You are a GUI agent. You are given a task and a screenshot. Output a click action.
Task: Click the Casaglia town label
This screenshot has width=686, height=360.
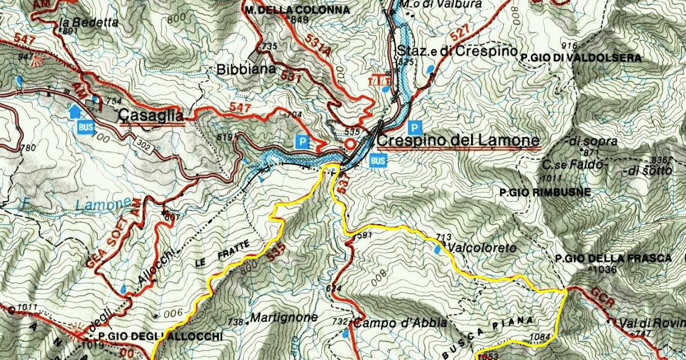(x=151, y=116)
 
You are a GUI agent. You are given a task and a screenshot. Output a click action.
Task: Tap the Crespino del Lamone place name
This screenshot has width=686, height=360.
(x=458, y=140)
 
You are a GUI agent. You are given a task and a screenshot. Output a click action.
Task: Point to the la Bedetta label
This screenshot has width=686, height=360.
(x=89, y=23)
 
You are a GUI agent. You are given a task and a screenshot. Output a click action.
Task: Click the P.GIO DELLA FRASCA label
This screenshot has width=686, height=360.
(x=613, y=258)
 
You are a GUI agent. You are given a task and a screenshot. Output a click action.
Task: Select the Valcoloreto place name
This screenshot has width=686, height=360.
(x=482, y=248)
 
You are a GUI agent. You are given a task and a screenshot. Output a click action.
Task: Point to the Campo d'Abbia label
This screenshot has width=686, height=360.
(x=400, y=323)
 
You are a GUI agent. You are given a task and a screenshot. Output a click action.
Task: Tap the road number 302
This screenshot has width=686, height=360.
(x=144, y=143)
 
